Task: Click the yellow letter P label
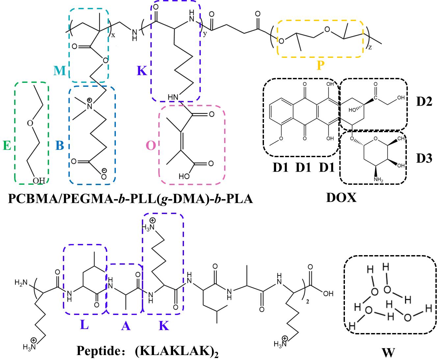click(x=321, y=65)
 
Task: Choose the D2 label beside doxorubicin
click(x=424, y=102)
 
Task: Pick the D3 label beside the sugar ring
click(x=424, y=158)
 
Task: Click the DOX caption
click(x=341, y=197)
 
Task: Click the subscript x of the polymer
click(x=113, y=35)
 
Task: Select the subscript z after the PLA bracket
click(x=370, y=48)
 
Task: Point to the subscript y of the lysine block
click(x=205, y=34)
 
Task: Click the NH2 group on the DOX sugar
click(x=378, y=180)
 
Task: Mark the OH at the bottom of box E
click(x=39, y=180)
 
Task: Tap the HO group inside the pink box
click(x=184, y=176)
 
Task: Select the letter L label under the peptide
click(x=85, y=325)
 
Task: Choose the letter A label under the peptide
click(x=126, y=326)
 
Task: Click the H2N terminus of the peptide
click(x=21, y=283)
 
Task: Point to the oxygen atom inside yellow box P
click(x=327, y=29)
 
